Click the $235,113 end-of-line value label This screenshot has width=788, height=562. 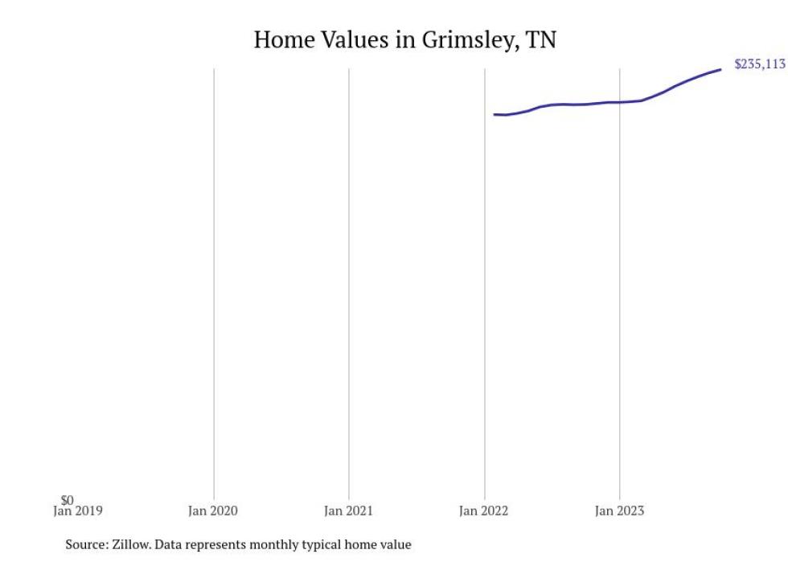759,64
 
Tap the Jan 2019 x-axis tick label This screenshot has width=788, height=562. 77,511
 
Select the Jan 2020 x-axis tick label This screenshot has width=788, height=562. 213,511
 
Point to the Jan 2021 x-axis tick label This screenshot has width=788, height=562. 348,511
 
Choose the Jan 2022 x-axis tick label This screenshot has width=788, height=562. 484,511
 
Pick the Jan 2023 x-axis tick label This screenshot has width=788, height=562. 619,511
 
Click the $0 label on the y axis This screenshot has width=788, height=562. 67,501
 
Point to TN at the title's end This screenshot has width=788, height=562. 540,39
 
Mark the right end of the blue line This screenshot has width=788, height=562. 720,69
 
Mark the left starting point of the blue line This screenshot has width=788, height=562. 495,114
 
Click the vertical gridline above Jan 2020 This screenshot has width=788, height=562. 214,281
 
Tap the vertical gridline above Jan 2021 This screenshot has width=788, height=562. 349,281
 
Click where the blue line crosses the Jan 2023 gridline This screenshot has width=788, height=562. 619,102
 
